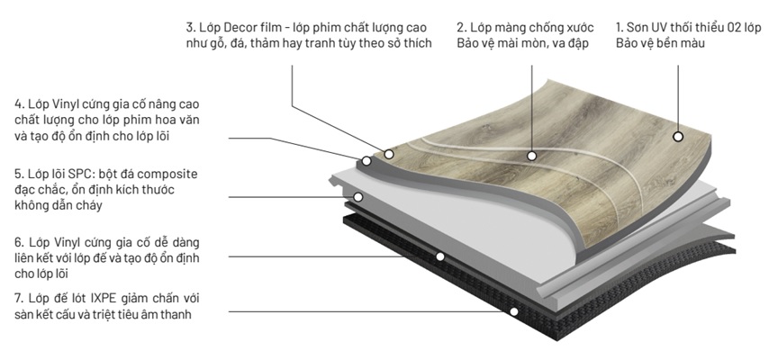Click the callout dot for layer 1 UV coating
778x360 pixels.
tap(678, 137)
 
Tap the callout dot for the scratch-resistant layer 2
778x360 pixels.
tap(532, 154)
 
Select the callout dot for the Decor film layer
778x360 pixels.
tap(389, 154)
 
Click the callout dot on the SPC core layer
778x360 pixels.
tap(357, 195)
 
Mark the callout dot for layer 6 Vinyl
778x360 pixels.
tap(440, 256)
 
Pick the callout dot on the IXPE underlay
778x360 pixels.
tap(514, 312)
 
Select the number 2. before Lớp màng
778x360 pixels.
tap(461, 27)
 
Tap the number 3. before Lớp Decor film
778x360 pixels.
tap(192, 27)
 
